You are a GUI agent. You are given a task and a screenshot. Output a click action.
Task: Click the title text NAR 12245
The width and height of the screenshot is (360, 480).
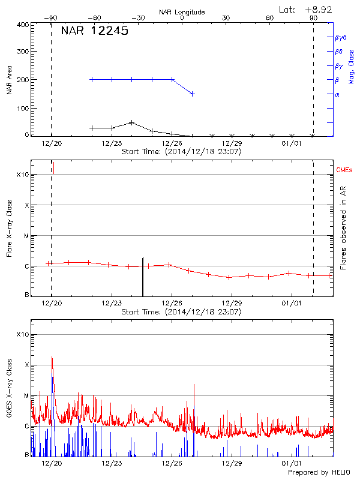coord(94,32)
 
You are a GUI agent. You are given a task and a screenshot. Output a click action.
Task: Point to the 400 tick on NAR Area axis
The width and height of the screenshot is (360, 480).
coord(22,25)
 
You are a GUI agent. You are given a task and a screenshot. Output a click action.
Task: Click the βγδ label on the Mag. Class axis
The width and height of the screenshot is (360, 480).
coord(340,37)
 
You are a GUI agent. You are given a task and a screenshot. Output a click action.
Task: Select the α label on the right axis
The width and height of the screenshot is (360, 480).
coord(337,94)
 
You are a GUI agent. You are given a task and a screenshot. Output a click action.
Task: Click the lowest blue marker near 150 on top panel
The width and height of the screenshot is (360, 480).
coord(192,94)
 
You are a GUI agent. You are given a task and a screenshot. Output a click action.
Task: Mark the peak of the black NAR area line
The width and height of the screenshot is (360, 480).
coord(131,122)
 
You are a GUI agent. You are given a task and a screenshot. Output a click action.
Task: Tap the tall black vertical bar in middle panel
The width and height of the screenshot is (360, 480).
coord(143,277)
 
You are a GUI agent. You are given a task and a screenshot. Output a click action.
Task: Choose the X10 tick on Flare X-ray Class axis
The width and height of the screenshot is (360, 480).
coord(22,175)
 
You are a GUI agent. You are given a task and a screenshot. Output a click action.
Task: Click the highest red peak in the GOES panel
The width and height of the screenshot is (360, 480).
coord(52,357)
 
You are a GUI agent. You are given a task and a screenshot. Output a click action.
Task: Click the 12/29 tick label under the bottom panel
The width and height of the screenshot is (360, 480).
coord(232,463)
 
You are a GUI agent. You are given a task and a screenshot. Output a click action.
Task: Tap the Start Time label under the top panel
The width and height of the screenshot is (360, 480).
coord(181,152)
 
